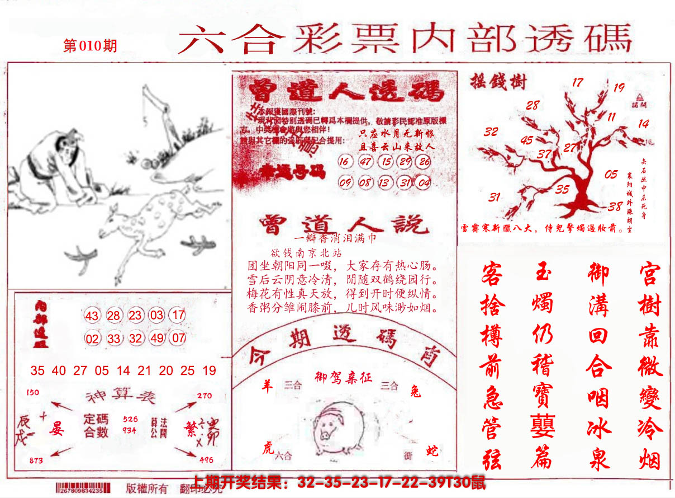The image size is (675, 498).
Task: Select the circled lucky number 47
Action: [367, 162]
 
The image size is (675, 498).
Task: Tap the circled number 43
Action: [92, 316]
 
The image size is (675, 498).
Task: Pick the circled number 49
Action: [157, 338]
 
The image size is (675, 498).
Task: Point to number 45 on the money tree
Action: [526, 141]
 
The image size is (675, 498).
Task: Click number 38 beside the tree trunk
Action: [615, 206]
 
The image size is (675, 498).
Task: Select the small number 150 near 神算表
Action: [32, 392]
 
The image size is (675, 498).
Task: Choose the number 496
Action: [205, 460]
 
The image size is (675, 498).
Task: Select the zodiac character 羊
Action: [268, 386]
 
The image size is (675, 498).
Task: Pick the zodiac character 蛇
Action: [432, 449]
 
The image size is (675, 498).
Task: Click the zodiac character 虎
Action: [268, 447]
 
